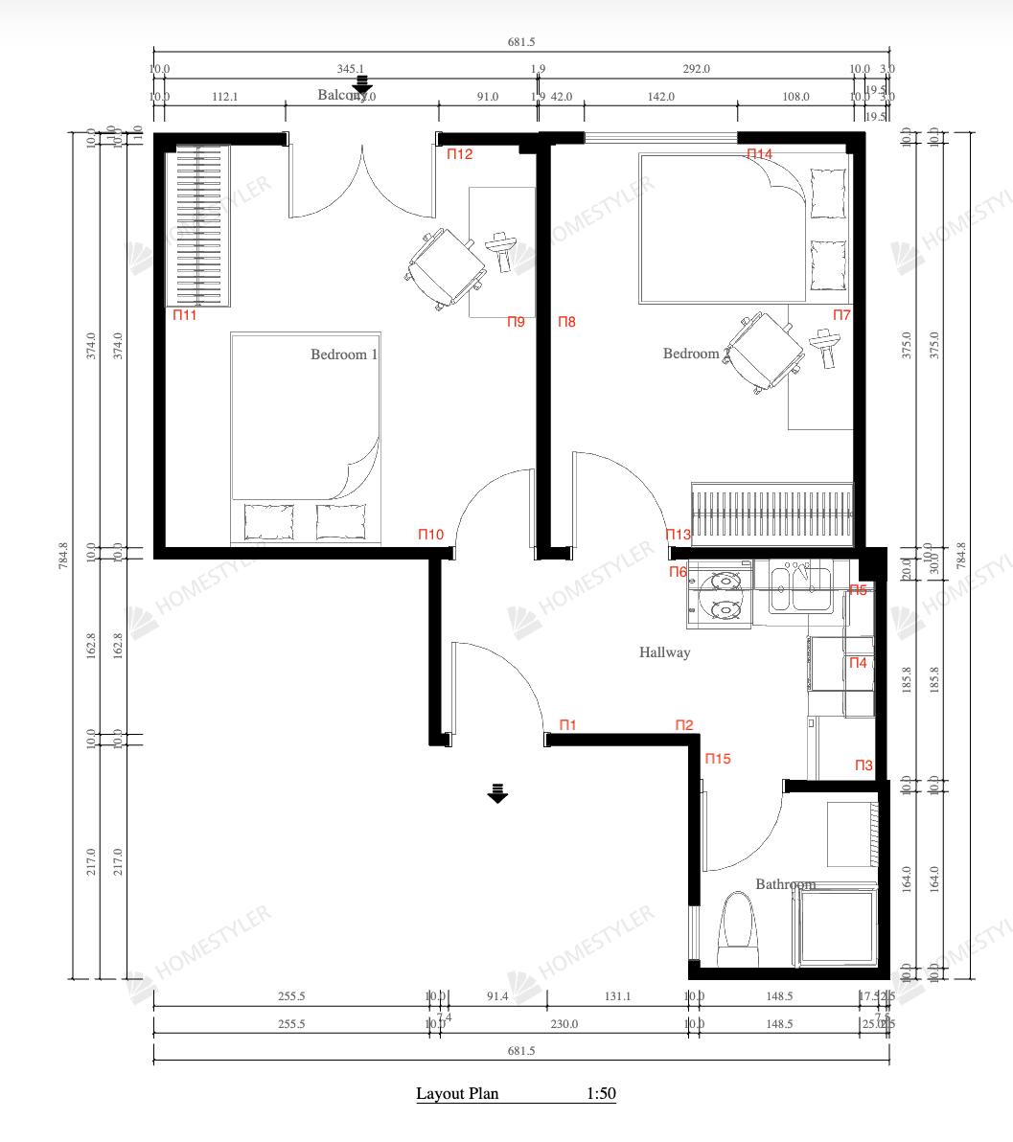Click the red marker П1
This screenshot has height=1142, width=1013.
[x=567, y=725]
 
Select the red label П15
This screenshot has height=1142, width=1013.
[x=718, y=759]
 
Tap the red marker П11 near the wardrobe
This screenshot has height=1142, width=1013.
[x=184, y=314]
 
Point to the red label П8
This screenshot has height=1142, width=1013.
[x=566, y=322]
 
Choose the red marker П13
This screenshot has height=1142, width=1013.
[x=679, y=535]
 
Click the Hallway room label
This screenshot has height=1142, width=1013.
[x=664, y=652]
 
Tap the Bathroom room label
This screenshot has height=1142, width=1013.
[x=785, y=884]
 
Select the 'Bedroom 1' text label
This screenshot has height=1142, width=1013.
[x=344, y=354]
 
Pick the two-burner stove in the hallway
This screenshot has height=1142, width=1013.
[x=720, y=594]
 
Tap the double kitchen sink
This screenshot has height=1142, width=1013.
[x=798, y=586]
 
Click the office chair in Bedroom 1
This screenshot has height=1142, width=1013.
[x=446, y=267]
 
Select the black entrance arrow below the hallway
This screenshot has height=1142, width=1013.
[x=496, y=793]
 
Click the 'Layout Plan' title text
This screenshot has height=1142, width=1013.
[x=457, y=1093]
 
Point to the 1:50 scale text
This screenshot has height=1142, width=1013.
[x=601, y=1093]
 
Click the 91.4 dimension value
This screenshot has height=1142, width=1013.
[x=497, y=996]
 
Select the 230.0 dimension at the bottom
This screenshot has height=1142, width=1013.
[x=564, y=1024]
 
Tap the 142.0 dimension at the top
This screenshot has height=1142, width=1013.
[x=660, y=97]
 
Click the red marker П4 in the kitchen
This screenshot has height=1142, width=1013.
[x=858, y=663]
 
